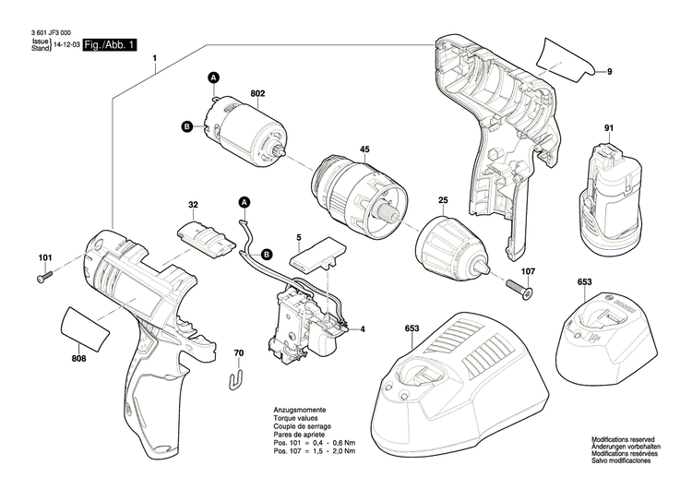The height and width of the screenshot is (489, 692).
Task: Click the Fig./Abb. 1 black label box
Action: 110,44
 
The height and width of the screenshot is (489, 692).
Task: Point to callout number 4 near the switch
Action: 363,329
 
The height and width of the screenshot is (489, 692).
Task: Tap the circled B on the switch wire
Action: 267,254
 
